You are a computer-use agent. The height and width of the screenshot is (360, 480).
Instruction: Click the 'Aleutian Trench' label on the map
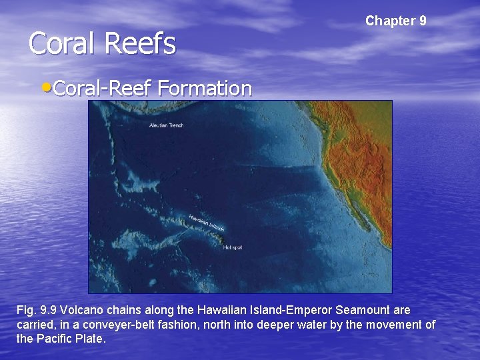pyautogui.click(x=166, y=125)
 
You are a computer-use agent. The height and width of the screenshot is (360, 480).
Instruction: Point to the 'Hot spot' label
pyautogui.click(x=233, y=247)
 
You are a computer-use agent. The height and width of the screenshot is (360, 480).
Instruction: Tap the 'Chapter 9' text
pyautogui.click(x=395, y=21)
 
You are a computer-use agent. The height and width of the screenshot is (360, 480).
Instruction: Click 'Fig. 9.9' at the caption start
pyautogui.click(x=36, y=311)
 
